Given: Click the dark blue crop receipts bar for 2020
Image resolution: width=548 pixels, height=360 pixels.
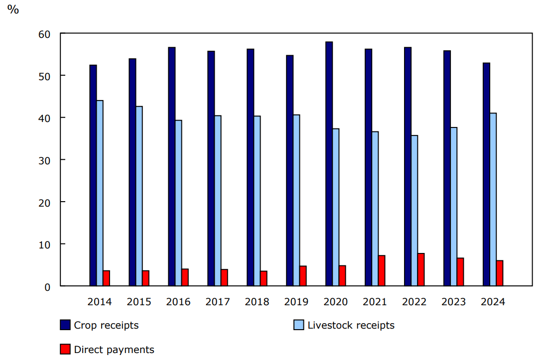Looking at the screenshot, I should (x=329, y=164).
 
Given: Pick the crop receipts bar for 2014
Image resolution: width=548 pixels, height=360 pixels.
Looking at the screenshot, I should (x=93, y=175).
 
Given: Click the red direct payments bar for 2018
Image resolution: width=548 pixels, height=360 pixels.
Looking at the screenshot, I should (x=264, y=278).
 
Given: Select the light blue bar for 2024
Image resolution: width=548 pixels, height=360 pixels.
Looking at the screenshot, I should (x=493, y=199).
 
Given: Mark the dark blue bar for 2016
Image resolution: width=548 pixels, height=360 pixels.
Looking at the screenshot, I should (x=171, y=167).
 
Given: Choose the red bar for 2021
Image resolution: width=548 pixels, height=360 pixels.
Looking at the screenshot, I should (x=382, y=270).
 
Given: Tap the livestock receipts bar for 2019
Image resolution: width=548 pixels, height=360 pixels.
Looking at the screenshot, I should (x=296, y=200).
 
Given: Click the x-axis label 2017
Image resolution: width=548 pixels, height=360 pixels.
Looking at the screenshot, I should (x=218, y=302).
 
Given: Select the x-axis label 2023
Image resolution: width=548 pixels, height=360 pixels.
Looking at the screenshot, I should (x=453, y=302).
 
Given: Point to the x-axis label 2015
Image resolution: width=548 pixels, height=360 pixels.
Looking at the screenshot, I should (x=139, y=302).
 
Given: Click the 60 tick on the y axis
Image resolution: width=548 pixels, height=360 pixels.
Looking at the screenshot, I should (x=44, y=34).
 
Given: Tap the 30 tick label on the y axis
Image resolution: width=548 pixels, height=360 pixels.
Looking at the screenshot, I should (x=44, y=160).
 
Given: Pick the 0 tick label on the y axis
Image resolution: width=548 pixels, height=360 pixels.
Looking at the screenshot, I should (x=47, y=286).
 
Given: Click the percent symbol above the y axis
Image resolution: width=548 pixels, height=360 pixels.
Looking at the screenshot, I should (x=13, y=10).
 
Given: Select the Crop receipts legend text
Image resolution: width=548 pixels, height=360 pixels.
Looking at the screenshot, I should (x=106, y=325).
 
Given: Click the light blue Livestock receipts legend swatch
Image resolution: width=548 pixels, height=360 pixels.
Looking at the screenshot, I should (x=298, y=325).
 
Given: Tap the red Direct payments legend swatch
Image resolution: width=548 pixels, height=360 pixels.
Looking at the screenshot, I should (x=65, y=350).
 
